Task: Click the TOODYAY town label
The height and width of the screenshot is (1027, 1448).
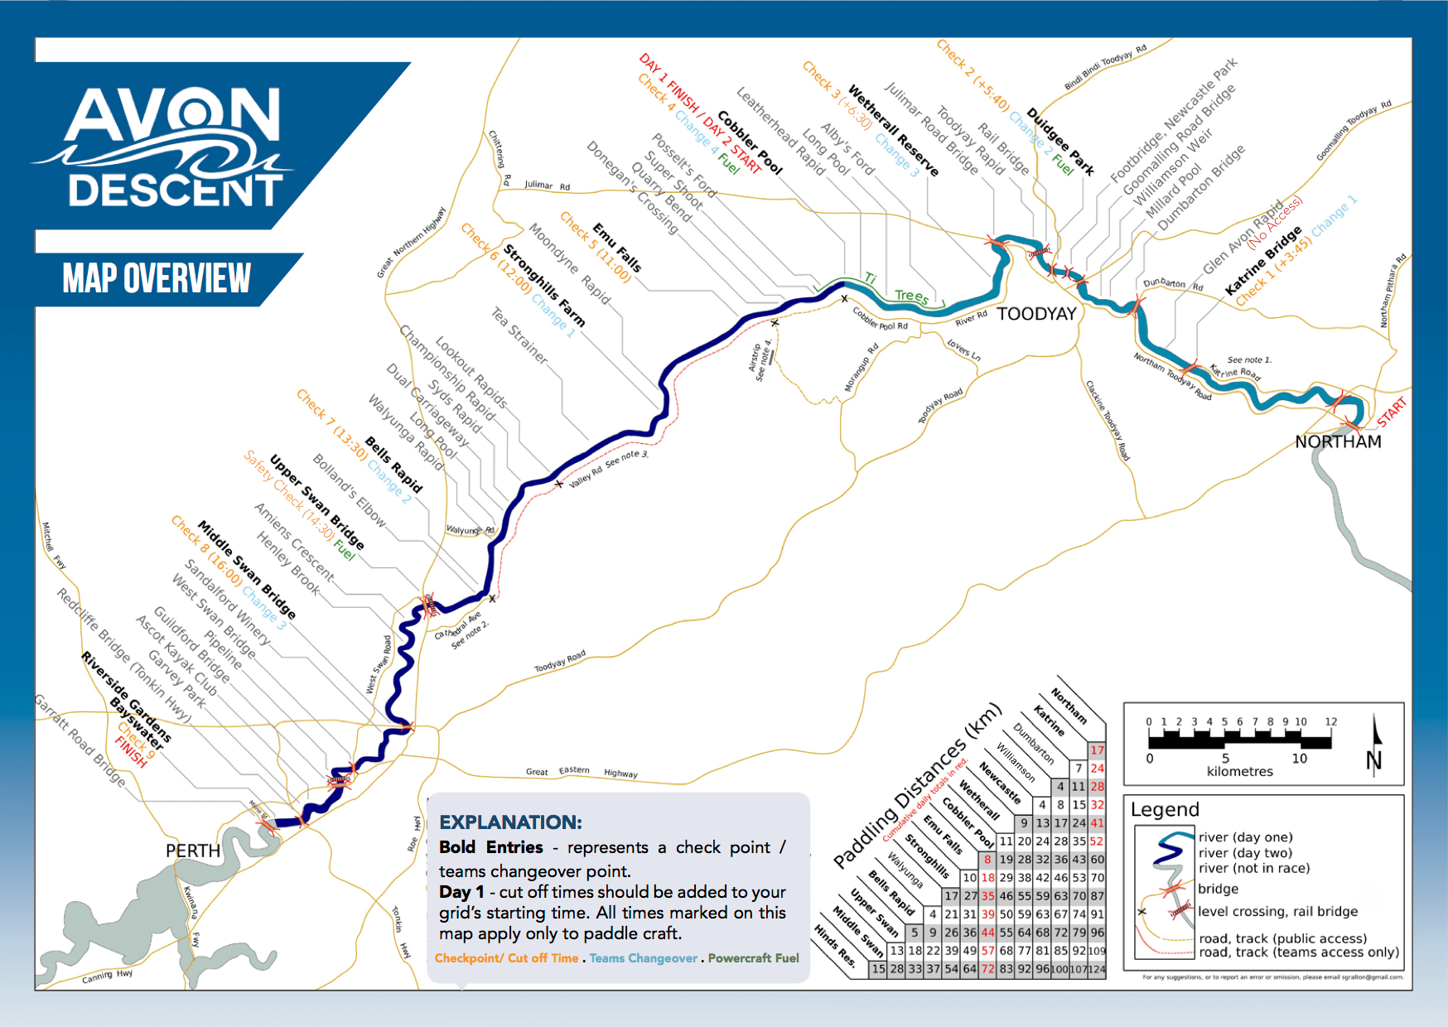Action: click(x=1036, y=314)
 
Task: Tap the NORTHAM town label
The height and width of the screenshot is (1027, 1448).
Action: click(x=1338, y=441)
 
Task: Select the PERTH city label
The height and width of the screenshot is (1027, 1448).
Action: click(x=193, y=851)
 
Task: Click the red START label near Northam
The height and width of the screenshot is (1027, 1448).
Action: click(x=1392, y=412)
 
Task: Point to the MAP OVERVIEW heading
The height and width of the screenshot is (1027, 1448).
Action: click(x=157, y=278)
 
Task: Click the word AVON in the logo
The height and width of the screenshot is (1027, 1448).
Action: click(x=173, y=116)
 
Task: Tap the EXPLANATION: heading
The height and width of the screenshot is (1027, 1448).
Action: click(x=510, y=822)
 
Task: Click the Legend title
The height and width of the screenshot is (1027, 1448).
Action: click(x=1165, y=809)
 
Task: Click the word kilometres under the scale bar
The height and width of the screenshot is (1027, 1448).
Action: click(x=1239, y=771)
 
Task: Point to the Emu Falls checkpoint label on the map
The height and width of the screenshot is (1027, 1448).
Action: click(x=617, y=247)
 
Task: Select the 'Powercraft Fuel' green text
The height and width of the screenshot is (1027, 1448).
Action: click(x=753, y=958)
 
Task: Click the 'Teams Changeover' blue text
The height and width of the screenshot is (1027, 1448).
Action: click(x=643, y=958)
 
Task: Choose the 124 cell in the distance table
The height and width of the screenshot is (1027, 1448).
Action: click(x=1096, y=968)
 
